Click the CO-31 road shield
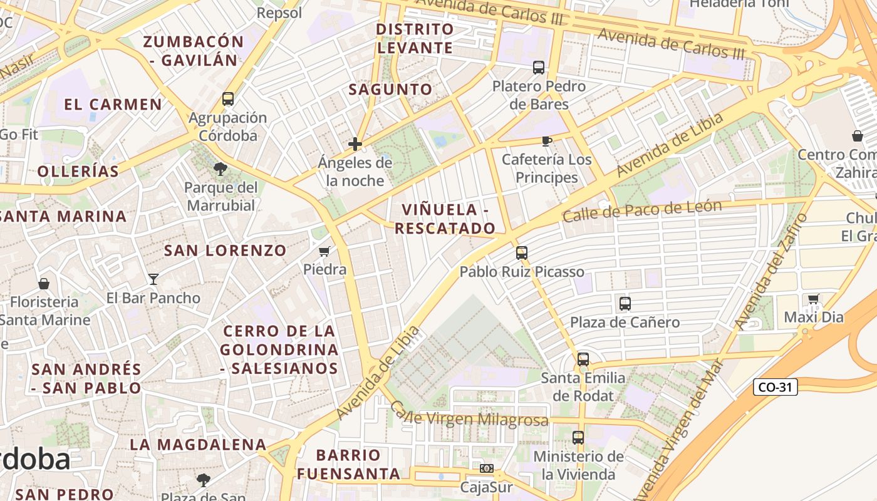click(776, 387)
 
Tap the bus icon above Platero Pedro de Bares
click(539, 68)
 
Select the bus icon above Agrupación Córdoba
click(228, 99)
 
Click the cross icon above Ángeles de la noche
click(355, 145)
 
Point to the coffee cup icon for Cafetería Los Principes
click(547, 141)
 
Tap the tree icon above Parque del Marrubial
click(220, 168)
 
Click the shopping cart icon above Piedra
click(324, 251)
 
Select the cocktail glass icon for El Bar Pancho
click(153, 279)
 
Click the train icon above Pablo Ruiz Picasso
click(522, 253)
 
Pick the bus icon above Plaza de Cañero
click(625, 304)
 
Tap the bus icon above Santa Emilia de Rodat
click(583, 359)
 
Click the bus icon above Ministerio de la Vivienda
click(578, 438)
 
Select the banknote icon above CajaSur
click(486, 468)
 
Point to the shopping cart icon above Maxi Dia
click(813, 299)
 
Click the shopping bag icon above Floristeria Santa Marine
click(44, 284)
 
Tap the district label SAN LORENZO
click(225, 250)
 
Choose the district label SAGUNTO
click(390, 90)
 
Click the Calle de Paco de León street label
click(642, 210)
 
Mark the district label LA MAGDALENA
click(198, 445)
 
